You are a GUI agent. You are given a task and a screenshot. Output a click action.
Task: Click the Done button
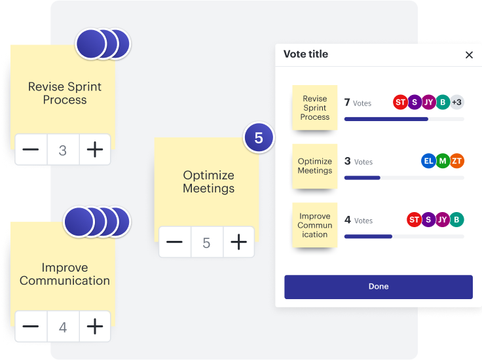378,287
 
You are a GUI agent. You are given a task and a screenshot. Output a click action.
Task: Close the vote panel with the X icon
469,55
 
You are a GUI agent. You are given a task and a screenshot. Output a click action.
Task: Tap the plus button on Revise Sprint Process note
95,150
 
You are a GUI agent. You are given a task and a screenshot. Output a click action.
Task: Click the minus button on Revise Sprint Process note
30,150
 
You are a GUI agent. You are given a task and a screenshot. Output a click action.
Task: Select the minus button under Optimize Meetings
174,243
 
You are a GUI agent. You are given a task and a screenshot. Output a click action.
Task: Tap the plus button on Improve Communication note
95,326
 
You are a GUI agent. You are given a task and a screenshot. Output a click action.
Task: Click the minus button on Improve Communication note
30,326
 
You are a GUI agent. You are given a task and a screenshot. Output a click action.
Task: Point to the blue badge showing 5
259,138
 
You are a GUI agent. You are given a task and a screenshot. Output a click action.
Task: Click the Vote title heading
306,54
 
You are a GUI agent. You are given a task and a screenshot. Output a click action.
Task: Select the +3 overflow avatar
456,102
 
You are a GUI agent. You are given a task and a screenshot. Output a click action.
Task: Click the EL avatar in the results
428,161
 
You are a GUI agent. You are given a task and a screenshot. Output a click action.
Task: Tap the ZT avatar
457,161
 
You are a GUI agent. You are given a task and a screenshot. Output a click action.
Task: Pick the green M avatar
443,161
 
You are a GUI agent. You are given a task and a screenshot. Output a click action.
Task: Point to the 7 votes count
358,103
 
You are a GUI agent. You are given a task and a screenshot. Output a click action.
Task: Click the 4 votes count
358,220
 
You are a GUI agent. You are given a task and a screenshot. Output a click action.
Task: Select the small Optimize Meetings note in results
315,166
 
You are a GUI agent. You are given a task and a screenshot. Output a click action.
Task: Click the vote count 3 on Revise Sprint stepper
63,150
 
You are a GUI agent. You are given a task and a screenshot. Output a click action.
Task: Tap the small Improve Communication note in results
315,225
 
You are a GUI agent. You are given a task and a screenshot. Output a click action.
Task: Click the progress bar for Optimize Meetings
404,177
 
